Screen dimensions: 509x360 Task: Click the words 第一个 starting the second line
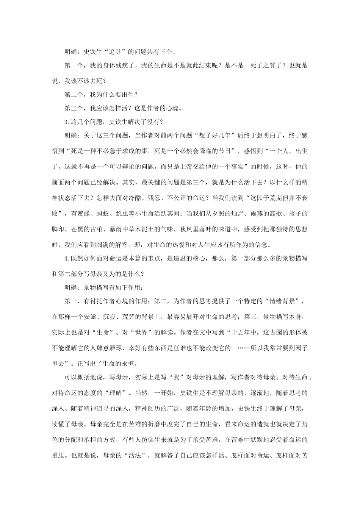(x=74, y=65)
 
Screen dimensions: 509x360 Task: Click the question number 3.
(x=67, y=122)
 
